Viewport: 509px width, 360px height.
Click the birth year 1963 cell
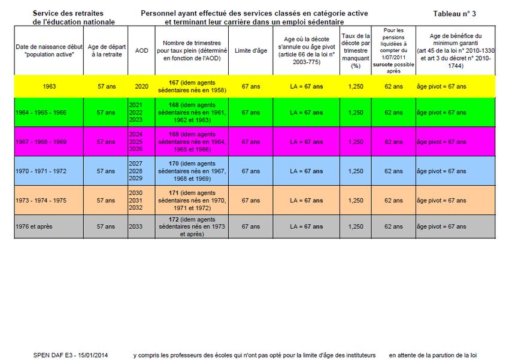click(50, 86)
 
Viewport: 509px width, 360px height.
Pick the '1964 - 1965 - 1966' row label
click(42, 113)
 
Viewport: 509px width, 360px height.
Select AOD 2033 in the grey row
click(136, 226)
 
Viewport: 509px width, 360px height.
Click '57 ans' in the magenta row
click(106, 142)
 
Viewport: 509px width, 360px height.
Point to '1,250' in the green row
click(356, 113)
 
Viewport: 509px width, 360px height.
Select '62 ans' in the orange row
click(393, 200)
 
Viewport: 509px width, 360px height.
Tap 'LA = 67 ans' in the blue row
click(306, 171)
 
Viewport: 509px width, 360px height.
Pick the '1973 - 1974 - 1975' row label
click(42, 200)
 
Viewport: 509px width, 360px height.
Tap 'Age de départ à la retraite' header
click(106, 51)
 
